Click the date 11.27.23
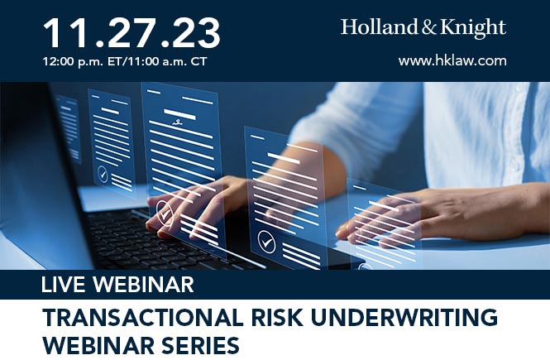pos(132,33)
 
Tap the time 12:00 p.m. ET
pos(81,62)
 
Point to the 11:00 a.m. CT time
pos(166,62)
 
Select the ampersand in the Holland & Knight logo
pos(428,27)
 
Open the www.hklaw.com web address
pos(452,60)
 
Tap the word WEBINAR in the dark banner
pos(143,285)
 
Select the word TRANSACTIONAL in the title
pos(142,317)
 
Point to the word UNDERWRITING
pos(404,317)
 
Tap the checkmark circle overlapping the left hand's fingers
pos(165,213)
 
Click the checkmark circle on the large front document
pos(266,242)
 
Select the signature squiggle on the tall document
pos(178,122)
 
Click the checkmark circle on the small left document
pos(103,174)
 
